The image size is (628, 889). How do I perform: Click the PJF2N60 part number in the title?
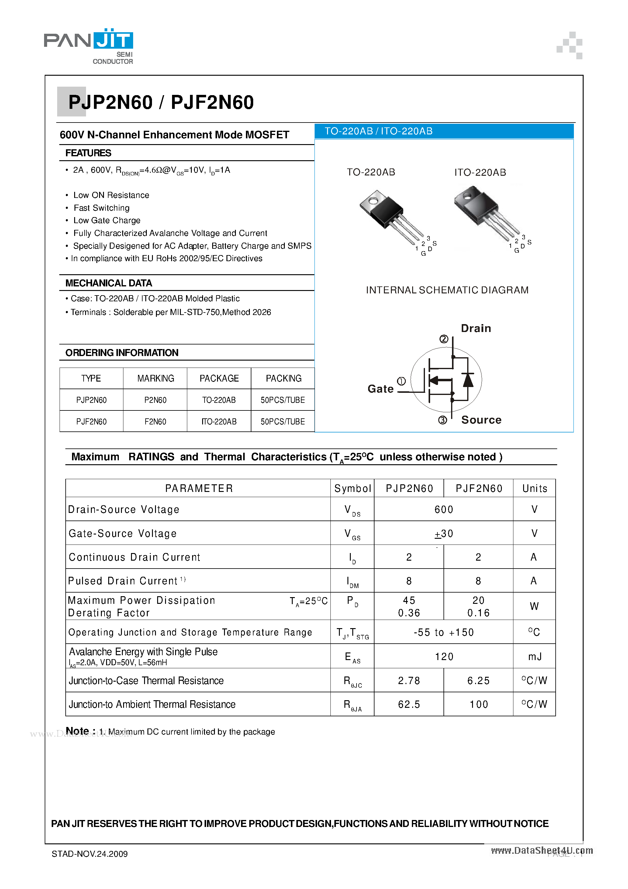212,102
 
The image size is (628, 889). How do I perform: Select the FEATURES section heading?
88,153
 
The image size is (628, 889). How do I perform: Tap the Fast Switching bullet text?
102,208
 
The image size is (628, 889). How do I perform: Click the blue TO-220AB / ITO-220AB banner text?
378,131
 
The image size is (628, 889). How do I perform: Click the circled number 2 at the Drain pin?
444,339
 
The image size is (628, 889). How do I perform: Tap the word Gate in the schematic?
380,389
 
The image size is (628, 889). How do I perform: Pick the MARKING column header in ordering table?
156,378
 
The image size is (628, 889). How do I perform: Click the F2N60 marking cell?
155,422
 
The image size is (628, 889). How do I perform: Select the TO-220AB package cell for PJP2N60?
219,400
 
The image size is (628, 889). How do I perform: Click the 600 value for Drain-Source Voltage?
444,510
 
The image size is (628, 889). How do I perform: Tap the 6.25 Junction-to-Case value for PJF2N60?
478,681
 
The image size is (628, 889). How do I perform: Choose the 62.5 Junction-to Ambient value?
409,704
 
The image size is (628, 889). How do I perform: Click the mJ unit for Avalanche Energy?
534,657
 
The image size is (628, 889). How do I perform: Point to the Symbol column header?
352,489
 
